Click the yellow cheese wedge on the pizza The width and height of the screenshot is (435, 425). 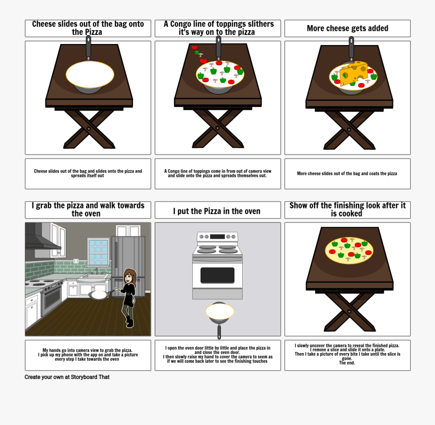pos(354,73)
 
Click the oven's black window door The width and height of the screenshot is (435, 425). pos(217,276)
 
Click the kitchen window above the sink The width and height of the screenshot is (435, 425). pos(98,251)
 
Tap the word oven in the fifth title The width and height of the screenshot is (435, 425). pos(251,211)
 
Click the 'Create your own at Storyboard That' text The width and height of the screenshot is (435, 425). pos(67,377)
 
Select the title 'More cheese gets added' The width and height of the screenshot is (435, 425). pos(347,29)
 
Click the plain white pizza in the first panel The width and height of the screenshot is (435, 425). pos(90,74)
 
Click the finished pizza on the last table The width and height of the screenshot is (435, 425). pos(349,250)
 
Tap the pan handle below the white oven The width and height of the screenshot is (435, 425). pos(219,331)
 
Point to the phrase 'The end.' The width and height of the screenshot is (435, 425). pos(347,363)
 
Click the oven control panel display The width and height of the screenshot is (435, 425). pos(217,236)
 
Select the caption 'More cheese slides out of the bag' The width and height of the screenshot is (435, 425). pos(347,174)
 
